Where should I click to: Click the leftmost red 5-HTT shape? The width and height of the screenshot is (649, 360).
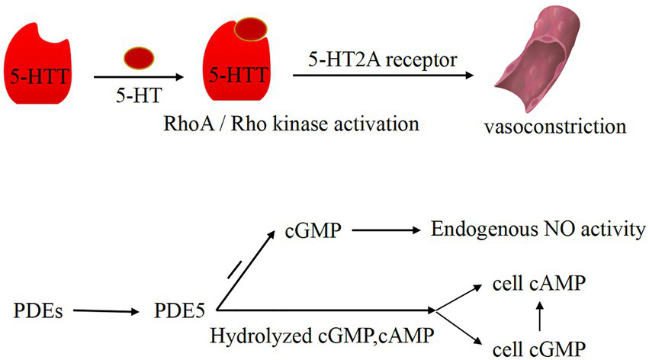point(38,69)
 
